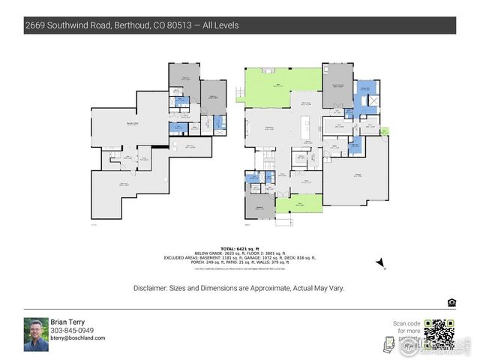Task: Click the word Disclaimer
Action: point(152,288)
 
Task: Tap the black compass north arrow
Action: point(382,262)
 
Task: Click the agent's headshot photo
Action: point(35,334)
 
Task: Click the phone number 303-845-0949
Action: point(72,330)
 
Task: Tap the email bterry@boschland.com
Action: point(78,338)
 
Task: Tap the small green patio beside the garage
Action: point(385,132)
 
